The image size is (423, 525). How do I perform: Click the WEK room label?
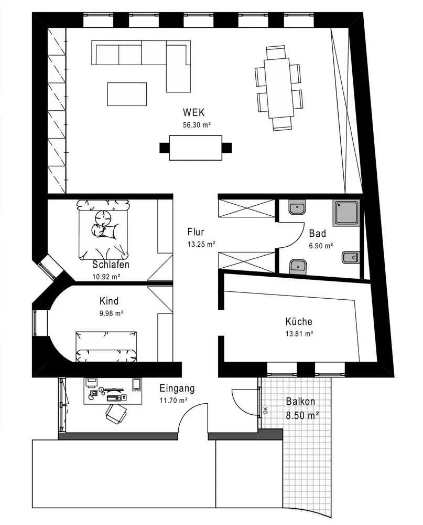[193, 112]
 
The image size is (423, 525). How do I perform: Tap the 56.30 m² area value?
[197, 125]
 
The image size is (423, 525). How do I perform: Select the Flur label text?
[196, 232]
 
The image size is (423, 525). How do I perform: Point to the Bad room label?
[317, 233]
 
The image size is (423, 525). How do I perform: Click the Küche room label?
[299, 321]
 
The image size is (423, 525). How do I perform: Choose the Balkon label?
[300, 401]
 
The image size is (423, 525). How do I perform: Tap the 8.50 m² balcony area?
[302, 415]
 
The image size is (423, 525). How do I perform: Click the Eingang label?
[177, 388]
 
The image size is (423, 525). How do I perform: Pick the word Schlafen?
[111, 265]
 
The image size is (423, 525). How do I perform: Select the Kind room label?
[109, 301]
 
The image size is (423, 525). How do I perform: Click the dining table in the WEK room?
[277, 88]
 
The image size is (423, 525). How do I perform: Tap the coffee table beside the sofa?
[127, 94]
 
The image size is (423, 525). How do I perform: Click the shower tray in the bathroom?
[346, 213]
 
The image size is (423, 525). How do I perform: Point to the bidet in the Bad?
[351, 257]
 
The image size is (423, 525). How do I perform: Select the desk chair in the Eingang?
[116, 414]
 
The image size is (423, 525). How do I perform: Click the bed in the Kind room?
[106, 346]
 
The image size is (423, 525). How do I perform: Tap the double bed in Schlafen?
[103, 230]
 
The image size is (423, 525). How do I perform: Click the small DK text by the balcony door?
[266, 410]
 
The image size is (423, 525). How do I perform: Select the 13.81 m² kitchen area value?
[299, 334]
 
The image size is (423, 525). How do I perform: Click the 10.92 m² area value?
[106, 277]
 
